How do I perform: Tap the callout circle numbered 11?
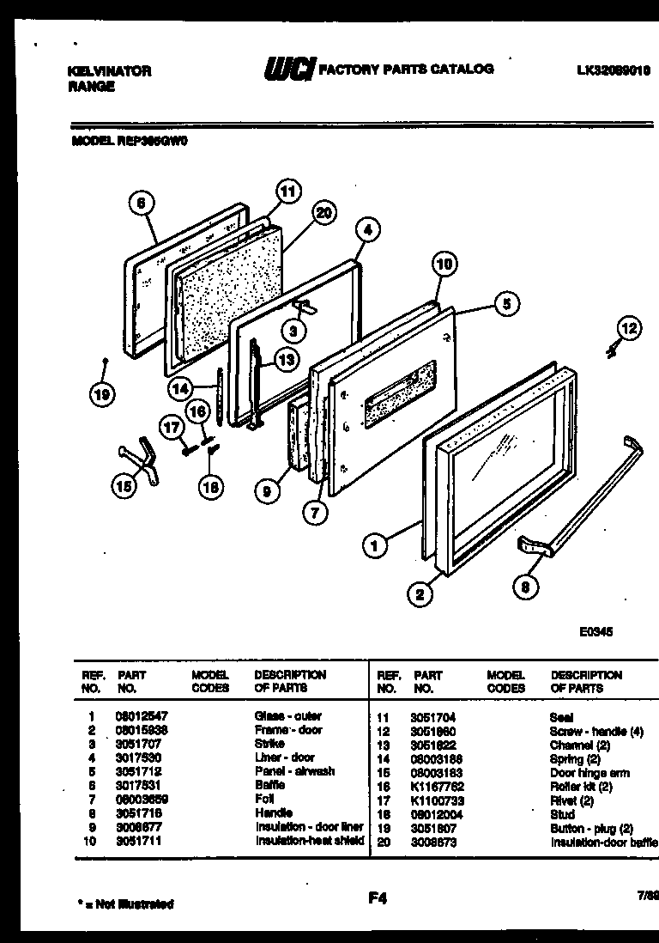pos(289,192)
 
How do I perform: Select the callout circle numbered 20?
pos(324,215)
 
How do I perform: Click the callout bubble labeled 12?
pos(629,326)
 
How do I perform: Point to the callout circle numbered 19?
pos(103,395)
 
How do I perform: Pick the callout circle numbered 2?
pos(420,593)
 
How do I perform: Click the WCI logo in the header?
pos(290,70)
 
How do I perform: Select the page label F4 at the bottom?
pos(378,898)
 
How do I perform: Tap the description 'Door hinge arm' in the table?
pos(591,772)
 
